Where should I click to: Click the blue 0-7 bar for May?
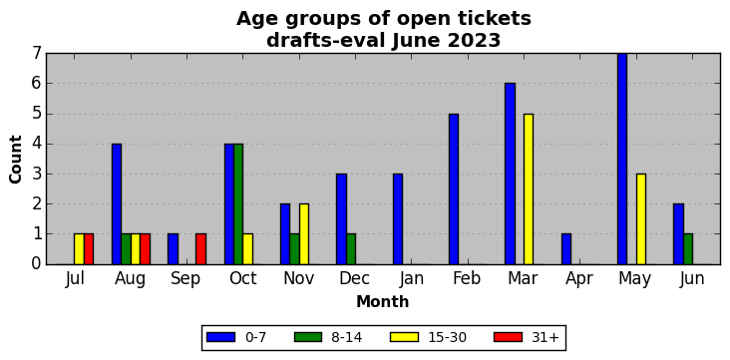pos(622,159)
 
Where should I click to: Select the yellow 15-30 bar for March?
pos(529,189)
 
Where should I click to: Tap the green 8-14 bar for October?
pos(238,204)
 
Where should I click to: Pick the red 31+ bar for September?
pos(201,249)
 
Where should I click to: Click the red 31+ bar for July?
pos(89,249)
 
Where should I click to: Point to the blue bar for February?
pos(454,189)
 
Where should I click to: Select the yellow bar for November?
pos(304,234)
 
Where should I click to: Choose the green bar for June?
pos(688,249)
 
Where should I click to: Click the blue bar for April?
pos(566,249)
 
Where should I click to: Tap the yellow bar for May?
pos(641,218)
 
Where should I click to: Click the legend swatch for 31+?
pos(508,337)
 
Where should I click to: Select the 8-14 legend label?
pos(346,338)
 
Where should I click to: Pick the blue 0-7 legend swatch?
pos(220,337)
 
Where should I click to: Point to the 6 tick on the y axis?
pos(37,84)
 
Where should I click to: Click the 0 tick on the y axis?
pos(37,264)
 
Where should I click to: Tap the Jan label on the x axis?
pos(411,279)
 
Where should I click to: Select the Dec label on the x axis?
pos(355,279)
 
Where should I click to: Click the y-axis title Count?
pos(15,160)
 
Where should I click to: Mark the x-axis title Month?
pos(383,302)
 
